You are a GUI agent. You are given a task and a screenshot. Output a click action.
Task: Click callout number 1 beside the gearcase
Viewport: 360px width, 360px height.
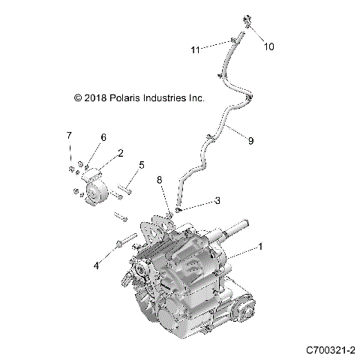click(x=261, y=246)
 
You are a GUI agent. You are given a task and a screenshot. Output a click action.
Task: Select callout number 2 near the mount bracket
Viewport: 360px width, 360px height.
click(x=119, y=154)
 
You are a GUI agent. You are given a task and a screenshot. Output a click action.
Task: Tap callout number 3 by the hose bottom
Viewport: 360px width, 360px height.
click(x=217, y=201)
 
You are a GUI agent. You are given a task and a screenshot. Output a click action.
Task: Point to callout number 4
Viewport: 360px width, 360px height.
click(x=95, y=264)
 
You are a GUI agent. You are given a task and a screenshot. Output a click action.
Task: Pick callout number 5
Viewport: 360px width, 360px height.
click(x=140, y=165)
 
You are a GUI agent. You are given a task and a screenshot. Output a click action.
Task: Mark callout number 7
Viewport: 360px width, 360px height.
click(x=68, y=135)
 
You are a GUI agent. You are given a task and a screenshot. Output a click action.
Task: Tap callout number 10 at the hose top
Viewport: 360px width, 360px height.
click(x=268, y=46)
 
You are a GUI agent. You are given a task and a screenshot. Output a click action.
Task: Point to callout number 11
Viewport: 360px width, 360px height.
click(x=195, y=49)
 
